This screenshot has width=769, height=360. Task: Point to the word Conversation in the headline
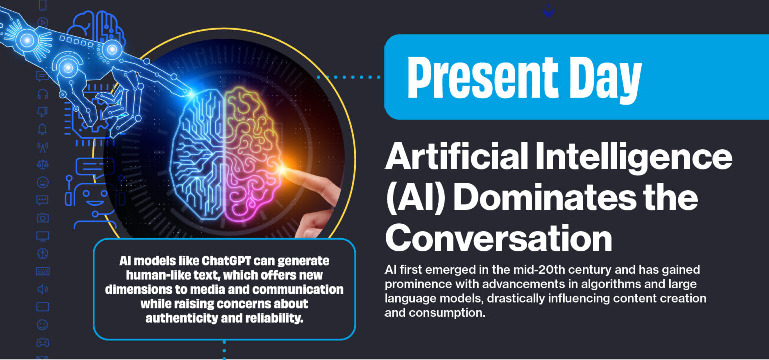[499, 238]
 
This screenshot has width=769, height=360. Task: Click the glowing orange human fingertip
[283, 170]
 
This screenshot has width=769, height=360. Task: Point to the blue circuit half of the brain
[197, 154]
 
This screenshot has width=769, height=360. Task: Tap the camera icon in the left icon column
[43, 218]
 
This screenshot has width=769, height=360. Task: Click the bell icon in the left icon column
[42, 129]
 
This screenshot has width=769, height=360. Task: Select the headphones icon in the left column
[42, 94]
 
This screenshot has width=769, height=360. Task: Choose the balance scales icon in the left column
[43, 164]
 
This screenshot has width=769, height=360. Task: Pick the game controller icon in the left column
[43, 342]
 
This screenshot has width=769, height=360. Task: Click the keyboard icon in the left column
[43, 271]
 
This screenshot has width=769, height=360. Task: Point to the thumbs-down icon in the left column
[42, 112]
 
